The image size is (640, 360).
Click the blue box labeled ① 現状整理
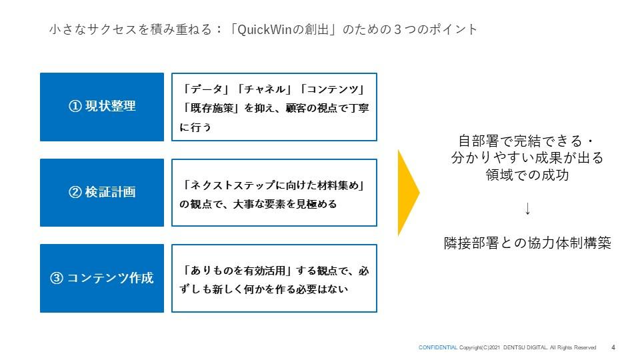click(x=101, y=107)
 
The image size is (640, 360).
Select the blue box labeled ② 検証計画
click(x=101, y=193)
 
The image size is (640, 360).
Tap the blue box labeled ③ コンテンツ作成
click(x=101, y=278)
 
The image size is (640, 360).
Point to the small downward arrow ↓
click(x=527, y=209)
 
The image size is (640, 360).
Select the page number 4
click(x=613, y=347)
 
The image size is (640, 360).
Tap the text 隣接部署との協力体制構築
click(x=527, y=243)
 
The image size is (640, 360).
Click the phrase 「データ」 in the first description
click(x=203, y=90)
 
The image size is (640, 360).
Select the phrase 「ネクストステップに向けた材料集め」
click(x=274, y=186)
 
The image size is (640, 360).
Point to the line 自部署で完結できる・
click(x=527, y=141)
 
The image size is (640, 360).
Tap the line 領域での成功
click(x=527, y=175)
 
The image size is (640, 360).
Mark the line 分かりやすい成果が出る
click(x=527, y=159)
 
